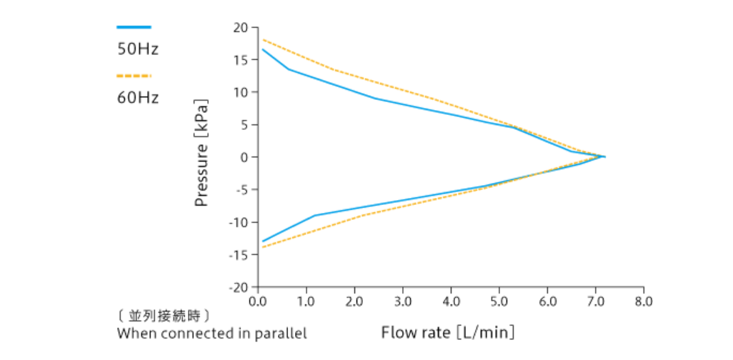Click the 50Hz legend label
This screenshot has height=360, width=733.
tap(138, 50)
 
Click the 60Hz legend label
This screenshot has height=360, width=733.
tap(138, 97)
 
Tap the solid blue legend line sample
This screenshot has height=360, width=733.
tap(134, 27)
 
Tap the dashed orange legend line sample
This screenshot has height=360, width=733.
tap(134, 75)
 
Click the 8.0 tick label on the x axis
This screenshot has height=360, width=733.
tap(644, 301)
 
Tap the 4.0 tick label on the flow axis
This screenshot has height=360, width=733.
tap(451, 301)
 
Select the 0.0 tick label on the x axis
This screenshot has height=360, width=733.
tap(258, 301)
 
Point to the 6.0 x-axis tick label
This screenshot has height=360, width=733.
tap(547, 301)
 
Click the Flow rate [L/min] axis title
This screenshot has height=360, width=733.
tap(448, 332)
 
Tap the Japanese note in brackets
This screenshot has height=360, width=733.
tap(164, 315)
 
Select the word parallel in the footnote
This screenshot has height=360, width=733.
tap(282, 333)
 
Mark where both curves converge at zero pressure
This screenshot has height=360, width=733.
tap(604, 156)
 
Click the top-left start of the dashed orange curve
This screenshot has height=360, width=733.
tap(263, 39)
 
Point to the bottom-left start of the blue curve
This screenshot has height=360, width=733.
tap(263, 241)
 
